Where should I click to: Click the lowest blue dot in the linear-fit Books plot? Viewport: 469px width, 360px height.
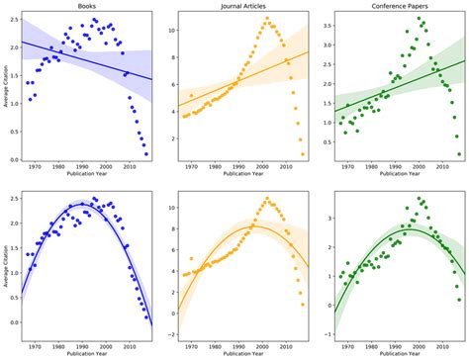click(146, 154)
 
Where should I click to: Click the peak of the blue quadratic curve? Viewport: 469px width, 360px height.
click(90, 205)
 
